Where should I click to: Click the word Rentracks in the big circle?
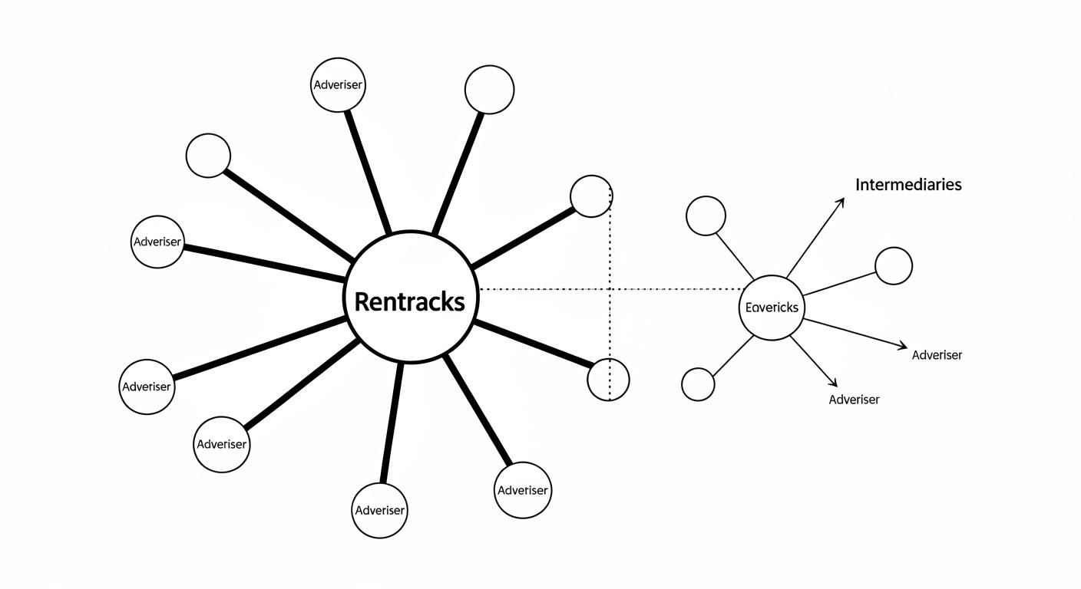(x=409, y=301)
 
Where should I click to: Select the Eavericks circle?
(x=772, y=308)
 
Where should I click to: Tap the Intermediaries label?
(x=908, y=185)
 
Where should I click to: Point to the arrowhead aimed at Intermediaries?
(x=841, y=202)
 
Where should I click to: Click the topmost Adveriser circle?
(x=338, y=84)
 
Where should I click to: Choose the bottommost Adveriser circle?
(x=379, y=510)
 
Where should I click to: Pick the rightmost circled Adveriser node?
(x=523, y=490)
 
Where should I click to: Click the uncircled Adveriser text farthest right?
(x=937, y=355)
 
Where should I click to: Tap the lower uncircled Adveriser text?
(x=854, y=400)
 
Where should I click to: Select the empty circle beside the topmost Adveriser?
(x=489, y=90)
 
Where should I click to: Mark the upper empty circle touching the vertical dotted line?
(x=591, y=196)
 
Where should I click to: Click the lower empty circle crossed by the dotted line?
(x=608, y=379)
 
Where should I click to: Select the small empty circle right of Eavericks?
(x=894, y=266)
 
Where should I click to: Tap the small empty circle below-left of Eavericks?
(x=698, y=384)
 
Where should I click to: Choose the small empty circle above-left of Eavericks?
(x=706, y=216)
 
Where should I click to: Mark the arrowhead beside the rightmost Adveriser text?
(x=903, y=347)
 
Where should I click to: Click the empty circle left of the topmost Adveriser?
(x=208, y=156)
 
